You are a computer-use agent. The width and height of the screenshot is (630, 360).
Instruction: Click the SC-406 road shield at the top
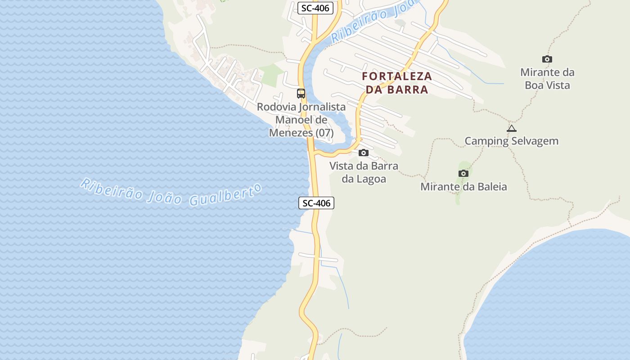[315, 8]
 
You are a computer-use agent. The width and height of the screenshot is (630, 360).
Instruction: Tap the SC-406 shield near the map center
[316, 203]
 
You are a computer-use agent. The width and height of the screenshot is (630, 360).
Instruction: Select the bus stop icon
[301, 94]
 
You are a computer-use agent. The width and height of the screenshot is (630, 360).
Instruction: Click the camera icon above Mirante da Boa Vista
[547, 59]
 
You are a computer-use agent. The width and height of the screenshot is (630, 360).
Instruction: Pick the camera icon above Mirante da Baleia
[463, 173]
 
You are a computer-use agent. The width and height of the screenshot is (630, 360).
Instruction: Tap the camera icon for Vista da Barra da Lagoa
[364, 153]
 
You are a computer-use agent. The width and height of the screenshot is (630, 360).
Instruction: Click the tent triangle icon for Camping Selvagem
[512, 129]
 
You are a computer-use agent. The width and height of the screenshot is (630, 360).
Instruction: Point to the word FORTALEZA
[397, 76]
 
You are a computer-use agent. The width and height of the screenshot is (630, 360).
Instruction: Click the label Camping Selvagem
[511, 141]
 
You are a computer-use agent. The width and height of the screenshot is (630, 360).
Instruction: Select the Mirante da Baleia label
[463, 186]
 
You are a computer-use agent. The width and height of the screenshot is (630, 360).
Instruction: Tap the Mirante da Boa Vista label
[547, 79]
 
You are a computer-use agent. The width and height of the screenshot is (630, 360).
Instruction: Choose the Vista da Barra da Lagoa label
[364, 172]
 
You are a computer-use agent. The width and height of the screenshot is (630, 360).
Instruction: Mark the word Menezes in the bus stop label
[291, 133]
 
